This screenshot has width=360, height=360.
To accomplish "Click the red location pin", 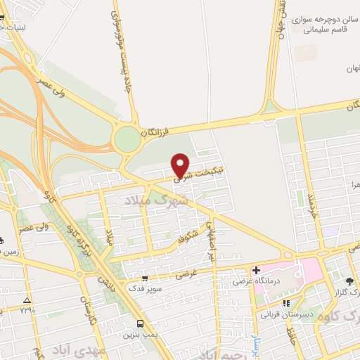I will tap(181, 165).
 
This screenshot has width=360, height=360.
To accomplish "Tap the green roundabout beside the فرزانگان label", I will tap(128, 138).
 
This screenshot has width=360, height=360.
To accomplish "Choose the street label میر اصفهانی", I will tap(210, 238).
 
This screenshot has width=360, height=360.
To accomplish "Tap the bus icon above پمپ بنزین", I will tap(141, 324).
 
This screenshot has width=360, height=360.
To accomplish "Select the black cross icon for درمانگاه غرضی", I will tap(257, 270).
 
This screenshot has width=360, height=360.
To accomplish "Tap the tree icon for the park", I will tap(349, 281).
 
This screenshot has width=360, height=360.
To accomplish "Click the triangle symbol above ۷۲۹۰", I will tap(27, 299).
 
